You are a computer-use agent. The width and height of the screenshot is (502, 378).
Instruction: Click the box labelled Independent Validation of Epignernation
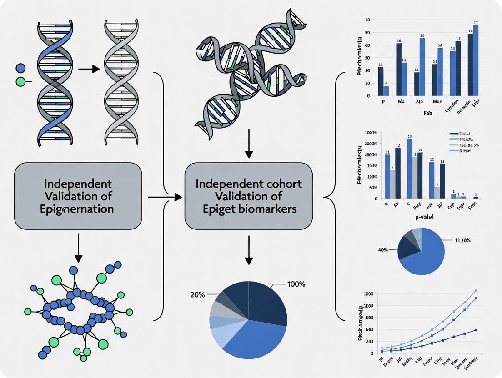[78, 196]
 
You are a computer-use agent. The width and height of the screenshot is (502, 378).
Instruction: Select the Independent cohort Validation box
[248, 196]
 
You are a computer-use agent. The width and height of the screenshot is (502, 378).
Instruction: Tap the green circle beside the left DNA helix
[20, 82]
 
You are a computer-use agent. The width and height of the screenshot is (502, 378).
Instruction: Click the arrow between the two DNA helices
[89, 69]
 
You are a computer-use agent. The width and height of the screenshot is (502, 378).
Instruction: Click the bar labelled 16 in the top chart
[399, 69]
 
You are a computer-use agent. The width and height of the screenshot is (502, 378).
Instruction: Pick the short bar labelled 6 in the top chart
[386, 91]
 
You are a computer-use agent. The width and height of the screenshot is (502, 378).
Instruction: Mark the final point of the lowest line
[476, 330]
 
